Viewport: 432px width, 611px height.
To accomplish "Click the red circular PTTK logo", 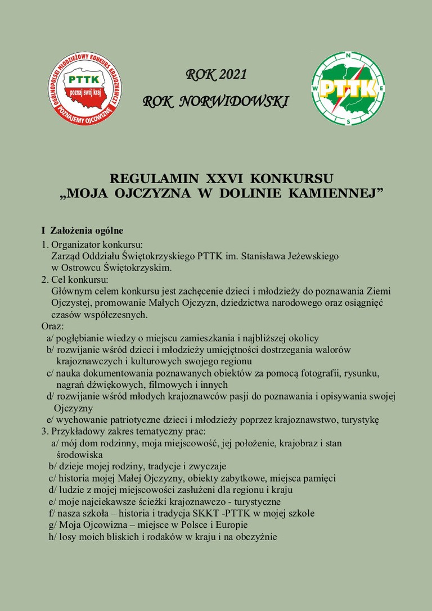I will click(x=84, y=88).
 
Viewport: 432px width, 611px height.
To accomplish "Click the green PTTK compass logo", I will click(x=348, y=88).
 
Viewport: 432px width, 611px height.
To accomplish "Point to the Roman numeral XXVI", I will click(x=223, y=179).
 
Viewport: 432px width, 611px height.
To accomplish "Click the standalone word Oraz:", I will click(x=53, y=326).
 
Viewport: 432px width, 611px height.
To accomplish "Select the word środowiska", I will click(x=79, y=454).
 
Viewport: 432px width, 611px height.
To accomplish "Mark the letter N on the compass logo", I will click(x=348, y=55).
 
